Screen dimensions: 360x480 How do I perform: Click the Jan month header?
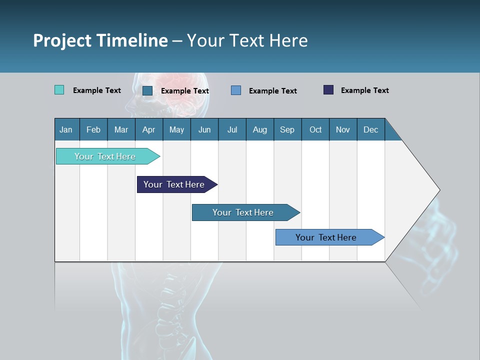66,129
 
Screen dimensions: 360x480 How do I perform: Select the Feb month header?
93,129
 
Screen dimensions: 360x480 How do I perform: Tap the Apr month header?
148,129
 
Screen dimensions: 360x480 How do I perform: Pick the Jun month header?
204,129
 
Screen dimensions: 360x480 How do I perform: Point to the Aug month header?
260,129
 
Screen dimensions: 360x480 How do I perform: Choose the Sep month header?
287,129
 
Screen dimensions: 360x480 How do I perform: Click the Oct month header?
315,129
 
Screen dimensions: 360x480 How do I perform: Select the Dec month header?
371,129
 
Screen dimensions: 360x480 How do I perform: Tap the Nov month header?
343,129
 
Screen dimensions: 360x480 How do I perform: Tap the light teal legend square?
59,90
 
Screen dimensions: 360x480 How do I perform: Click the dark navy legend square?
328,90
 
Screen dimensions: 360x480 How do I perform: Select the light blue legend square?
236,90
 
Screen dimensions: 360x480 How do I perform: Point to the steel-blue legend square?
147,90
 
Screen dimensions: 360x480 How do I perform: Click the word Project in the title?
63,40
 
